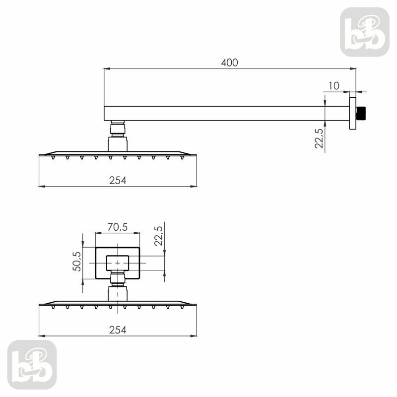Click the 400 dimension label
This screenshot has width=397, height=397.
[x=229, y=63]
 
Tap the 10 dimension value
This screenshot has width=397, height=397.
[x=333, y=86]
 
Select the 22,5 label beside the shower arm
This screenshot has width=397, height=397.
[x=319, y=138]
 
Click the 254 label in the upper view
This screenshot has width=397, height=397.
[x=118, y=181]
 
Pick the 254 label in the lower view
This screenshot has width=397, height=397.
[x=118, y=330]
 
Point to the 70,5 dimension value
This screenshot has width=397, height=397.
[x=118, y=227]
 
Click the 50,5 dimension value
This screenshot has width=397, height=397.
[x=77, y=262]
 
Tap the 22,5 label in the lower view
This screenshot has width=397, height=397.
[x=159, y=236]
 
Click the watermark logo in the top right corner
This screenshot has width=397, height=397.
[x=365, y=32]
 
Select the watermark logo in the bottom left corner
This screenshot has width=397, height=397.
[x=32, y=365]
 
